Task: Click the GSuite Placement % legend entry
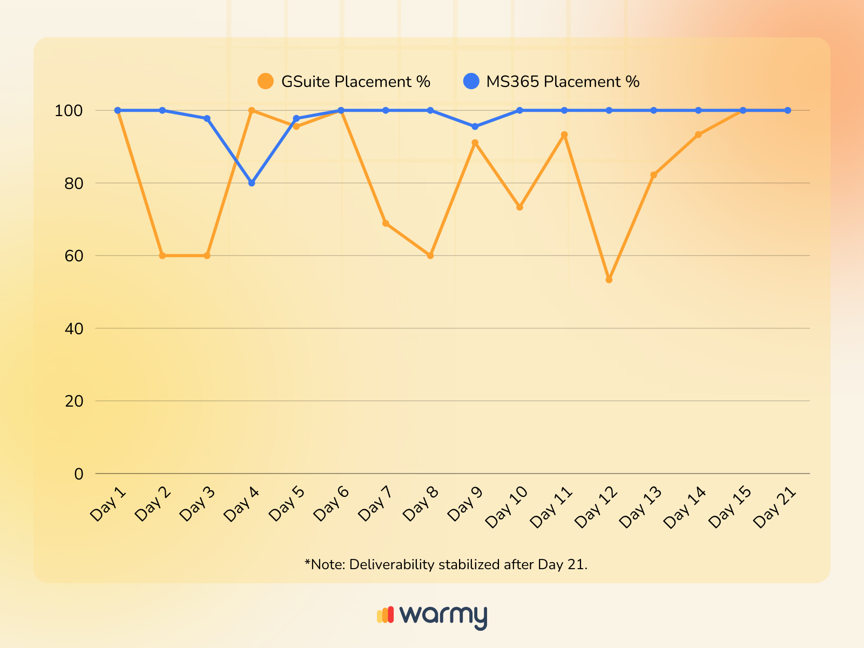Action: pos(345,82)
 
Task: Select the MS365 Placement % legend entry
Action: pos(552,82)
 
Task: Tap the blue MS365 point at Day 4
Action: pos(252,183)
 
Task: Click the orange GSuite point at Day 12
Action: pos(609,280)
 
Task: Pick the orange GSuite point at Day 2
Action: pos(162,255)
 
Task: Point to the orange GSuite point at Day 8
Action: pos(430,255)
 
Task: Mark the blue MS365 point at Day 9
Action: pos(475,126)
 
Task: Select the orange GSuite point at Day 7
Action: pos(386,224)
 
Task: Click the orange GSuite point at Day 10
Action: pos(519,207)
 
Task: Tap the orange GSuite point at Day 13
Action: pos(654,175)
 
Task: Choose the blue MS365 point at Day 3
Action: pos(207,118)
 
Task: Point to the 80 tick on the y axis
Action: pos(75,184)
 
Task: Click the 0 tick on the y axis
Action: pos(79,474)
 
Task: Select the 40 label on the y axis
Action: pos(75,329)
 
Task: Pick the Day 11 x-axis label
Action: pos(551,507)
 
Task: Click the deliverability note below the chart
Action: pos(446,565)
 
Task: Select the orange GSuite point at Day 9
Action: pos(475,143)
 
